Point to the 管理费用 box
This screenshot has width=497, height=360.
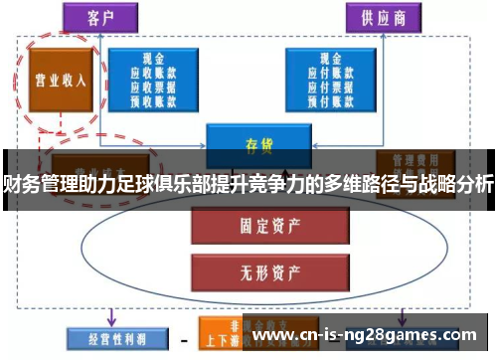[408, 161]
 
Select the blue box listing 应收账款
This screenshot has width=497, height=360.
[152, 79]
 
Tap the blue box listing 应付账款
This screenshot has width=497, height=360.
[330, 79]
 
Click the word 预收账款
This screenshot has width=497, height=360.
[152, 98]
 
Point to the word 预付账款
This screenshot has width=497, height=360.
[330, 98]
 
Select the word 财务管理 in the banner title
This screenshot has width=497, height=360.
[35, 184]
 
